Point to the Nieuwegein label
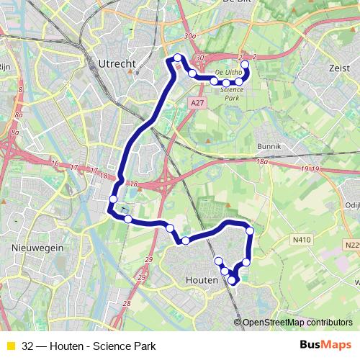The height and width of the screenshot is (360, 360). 37,246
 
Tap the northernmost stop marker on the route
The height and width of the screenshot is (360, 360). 178,58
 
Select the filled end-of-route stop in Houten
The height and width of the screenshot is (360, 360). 233,280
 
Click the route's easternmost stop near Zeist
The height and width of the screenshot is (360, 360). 245,65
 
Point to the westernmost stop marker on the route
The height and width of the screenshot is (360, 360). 113,199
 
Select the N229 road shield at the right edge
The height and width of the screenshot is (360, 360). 351,246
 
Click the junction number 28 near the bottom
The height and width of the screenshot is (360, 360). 127,305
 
